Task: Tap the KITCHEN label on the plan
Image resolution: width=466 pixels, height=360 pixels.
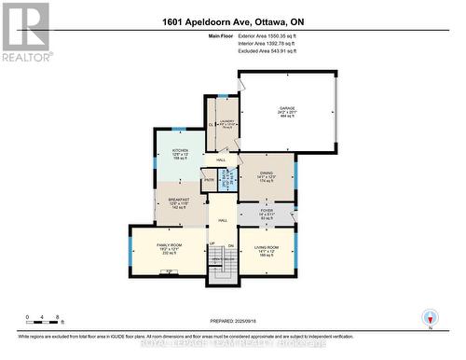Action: [x=180, y=151]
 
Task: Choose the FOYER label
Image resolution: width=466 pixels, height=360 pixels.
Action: [x=267, y=212]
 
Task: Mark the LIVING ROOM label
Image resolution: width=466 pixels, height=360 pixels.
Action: [x=267, y=247]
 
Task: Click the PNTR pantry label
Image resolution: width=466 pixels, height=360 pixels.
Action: [x=209, y=179]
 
